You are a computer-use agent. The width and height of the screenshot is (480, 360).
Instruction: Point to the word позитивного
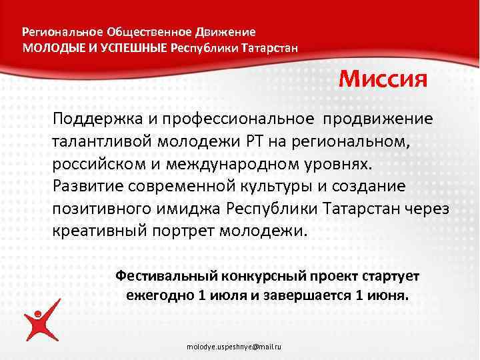(x=104, y=209)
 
